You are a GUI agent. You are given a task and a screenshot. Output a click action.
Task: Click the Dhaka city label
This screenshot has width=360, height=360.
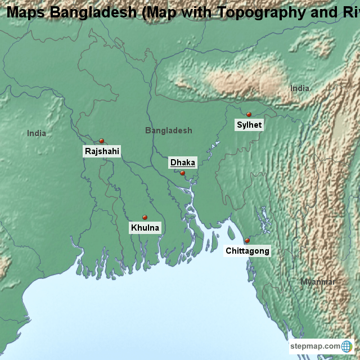183,163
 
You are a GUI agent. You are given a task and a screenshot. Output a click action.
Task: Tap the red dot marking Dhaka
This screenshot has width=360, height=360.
182,173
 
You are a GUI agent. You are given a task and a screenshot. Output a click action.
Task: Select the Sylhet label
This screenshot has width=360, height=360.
249,125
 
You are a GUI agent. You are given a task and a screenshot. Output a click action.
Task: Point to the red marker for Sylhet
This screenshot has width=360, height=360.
249,114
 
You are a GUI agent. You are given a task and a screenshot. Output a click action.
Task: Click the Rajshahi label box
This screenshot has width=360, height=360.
102,151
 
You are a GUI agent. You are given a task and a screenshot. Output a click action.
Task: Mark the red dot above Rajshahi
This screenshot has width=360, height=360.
101,141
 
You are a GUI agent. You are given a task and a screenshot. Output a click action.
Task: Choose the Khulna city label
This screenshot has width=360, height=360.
145,228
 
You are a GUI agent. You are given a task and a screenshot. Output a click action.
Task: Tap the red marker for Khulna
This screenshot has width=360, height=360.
145,217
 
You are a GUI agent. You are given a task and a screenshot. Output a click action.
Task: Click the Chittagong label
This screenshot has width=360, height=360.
247,251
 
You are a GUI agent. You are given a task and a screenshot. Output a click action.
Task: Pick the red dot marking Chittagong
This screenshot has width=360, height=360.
247,240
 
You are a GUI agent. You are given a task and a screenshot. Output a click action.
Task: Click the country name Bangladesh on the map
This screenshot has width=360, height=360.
168,130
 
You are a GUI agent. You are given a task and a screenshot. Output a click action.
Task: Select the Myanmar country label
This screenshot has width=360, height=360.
317,282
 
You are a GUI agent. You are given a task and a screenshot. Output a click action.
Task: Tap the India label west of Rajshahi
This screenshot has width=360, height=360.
37,133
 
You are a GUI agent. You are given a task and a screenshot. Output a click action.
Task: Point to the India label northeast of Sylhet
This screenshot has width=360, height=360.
299,88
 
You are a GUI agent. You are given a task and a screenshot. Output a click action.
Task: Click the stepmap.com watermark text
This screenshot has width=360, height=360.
315,346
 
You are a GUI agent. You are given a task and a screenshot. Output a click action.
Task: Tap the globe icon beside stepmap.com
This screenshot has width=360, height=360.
347,346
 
